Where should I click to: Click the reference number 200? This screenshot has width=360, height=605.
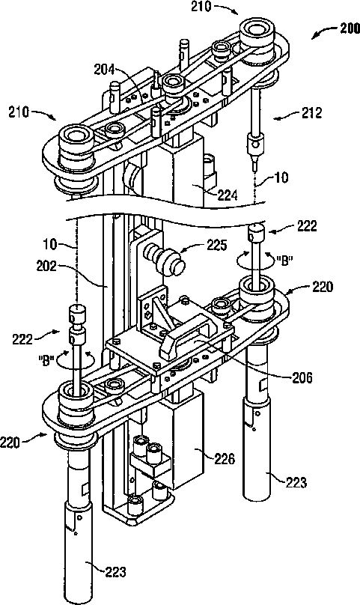point(349,29)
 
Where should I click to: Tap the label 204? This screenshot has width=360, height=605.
point(105,70)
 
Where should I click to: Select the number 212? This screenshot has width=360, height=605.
point(311,113)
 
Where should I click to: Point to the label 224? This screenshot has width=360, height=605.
point(227,196)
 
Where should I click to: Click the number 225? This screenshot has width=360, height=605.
point(216,245)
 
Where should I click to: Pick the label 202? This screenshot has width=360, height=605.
point(47,267)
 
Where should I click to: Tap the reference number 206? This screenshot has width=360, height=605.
point(302,377)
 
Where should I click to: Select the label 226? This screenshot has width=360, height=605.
point(225,459)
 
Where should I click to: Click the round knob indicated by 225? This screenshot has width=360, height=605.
point(164,258)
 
